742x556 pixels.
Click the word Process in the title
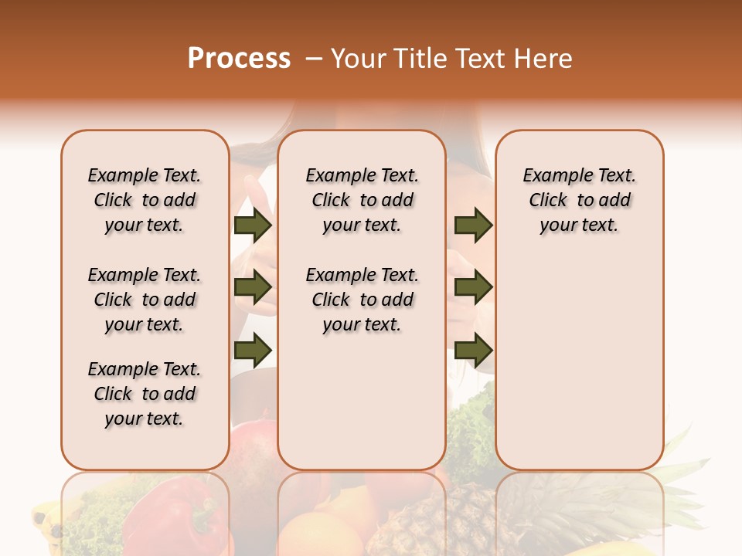click(239, 59)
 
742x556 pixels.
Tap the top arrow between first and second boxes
click(253, 225)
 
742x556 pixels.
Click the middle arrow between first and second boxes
click(253, 287)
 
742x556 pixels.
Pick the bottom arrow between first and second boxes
click(253, 350)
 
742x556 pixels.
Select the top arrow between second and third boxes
click(473, 225)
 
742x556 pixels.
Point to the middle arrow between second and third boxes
click(473, 287)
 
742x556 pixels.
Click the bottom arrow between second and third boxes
click(473, 350)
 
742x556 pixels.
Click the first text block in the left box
click(145, 200)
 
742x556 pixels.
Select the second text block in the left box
click(145, 300)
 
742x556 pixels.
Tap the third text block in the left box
click(145, 394)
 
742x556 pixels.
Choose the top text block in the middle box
click(362, 200)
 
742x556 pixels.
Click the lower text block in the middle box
click(362, 300)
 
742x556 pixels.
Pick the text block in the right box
click(579, 200)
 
